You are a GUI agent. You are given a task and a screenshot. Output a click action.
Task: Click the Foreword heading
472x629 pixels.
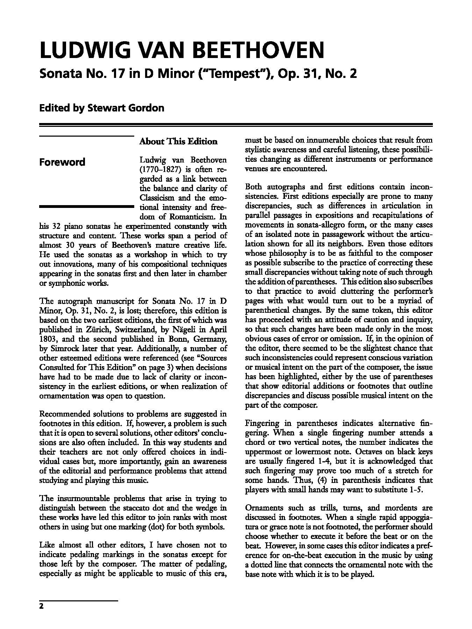click(62, 162)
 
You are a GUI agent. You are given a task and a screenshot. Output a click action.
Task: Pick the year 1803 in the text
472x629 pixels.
click(48, 339)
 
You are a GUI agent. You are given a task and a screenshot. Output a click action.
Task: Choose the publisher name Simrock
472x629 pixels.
click(63, 348)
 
